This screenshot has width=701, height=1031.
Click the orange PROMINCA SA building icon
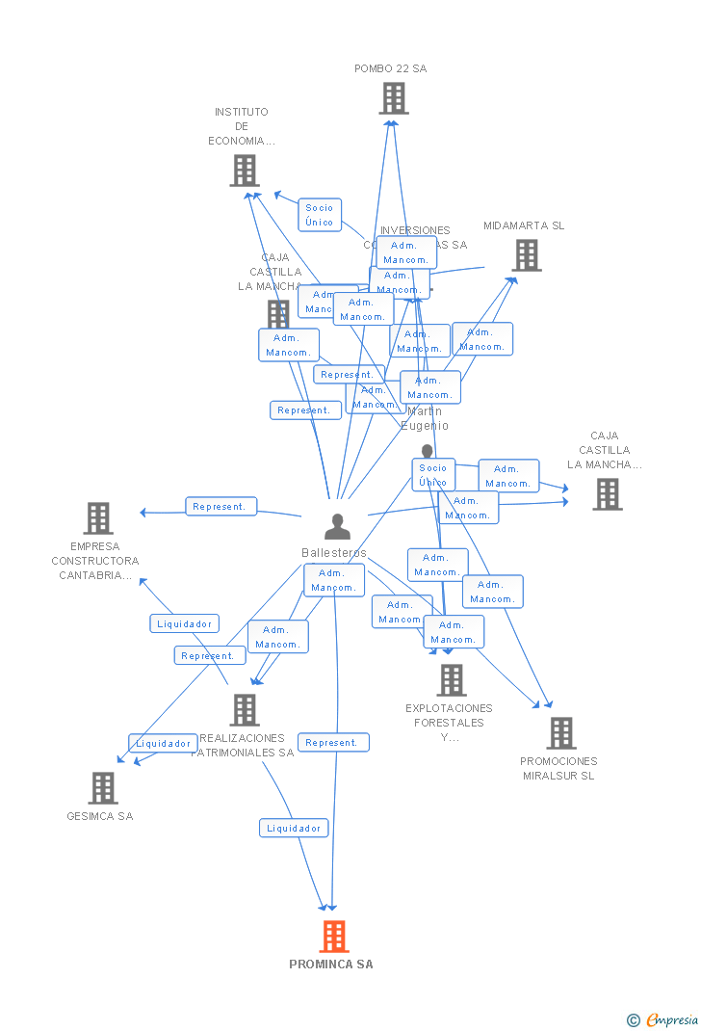pos(334,936)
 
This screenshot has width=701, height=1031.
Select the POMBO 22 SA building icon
pos(393,98)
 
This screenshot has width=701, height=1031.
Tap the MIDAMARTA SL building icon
pos(526,255)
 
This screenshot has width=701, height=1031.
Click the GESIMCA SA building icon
pos(102,788)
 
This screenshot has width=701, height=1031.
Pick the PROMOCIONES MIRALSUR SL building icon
pos(560,733)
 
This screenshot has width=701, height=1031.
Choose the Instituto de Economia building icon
pos(245,171)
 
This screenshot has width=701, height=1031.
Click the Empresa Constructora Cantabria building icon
pos(97,518)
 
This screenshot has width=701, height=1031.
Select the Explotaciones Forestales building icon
pos(451,680)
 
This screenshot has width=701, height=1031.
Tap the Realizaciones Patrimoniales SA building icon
pos(245,710)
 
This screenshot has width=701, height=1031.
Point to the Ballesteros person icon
pos(337,526)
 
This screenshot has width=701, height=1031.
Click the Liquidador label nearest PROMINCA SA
pos(294,828)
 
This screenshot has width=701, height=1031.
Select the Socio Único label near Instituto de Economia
pos(319,215)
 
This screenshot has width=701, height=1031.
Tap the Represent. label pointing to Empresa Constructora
pos(221,507)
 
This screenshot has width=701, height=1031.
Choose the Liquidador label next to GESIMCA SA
pos(163,744)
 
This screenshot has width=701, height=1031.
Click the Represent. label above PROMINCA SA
pos(333,743)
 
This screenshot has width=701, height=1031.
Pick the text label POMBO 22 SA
pos(390,69)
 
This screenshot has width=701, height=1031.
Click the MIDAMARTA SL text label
pos(524,226)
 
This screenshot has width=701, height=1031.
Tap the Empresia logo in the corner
pos(664,1019)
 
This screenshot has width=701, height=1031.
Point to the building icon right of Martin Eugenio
pos(607,494)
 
